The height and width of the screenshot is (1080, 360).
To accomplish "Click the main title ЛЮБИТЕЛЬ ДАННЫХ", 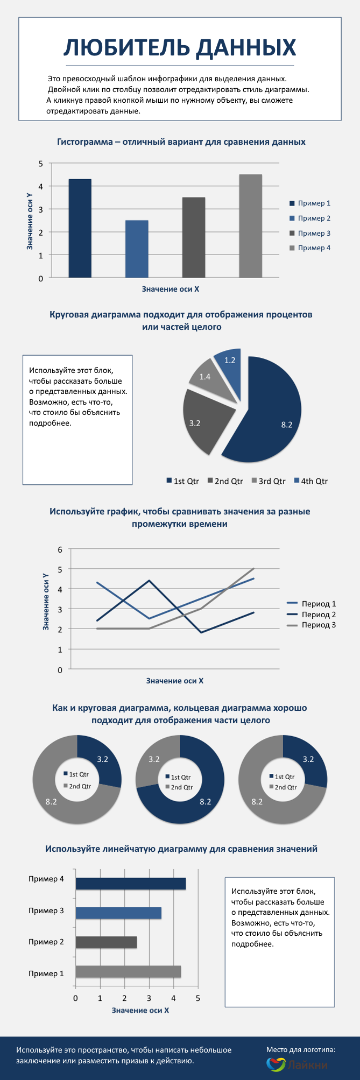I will click(180, 48).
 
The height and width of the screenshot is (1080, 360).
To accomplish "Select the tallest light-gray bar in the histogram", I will click(250, 226).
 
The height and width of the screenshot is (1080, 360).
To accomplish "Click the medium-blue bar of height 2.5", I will click(137, 249).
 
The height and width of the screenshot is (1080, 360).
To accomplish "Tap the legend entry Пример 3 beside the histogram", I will click(314, 233).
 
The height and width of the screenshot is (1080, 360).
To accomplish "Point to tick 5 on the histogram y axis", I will click(41, 163).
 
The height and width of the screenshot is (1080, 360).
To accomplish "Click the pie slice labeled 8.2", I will click(269, 414).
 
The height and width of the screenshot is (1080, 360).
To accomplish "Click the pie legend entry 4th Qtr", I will click(314, 481).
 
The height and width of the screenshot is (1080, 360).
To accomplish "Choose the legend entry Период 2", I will click(318, 615).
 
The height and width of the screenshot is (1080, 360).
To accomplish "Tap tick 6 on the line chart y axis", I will click(60, 549).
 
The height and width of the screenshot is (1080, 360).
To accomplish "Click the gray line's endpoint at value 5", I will click(253, 568).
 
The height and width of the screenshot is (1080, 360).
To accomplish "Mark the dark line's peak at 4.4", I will click(149, 581).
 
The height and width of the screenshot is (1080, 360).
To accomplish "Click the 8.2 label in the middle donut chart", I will click(205, 802).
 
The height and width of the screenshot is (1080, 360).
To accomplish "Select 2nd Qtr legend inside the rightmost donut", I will click(285, 787).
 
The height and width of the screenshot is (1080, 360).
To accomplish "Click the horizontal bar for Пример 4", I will click(130, 884).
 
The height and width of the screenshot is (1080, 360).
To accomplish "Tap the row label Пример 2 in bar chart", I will click(46, 942).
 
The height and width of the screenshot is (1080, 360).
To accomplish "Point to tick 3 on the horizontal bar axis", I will click(149, 998).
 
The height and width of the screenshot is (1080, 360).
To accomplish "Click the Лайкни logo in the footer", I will click(297, 1064).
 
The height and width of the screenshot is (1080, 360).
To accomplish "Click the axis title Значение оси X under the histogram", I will click(171, 289).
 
